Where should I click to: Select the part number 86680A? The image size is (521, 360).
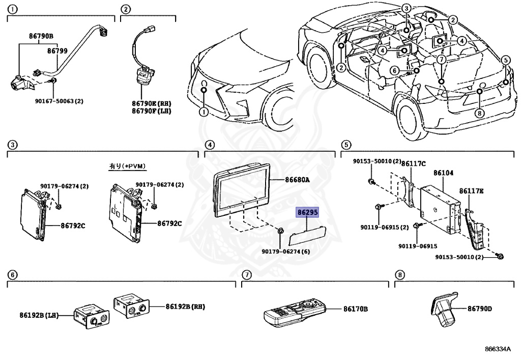pyautogui.click(x=298, y=180)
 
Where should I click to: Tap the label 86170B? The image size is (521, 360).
pyautogui.click(x=356, y=309)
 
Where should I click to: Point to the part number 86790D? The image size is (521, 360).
pyautogui.click(x=480, y=309)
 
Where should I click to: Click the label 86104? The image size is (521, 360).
pyautogui.click(x=443, y=173)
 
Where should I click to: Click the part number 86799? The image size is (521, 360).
pyautogui.click(x=57, y=50)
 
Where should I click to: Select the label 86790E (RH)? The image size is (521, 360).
pyautogui.click(x=150, y=103)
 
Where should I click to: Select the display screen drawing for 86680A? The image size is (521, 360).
pyautogui.click(x=241, y=190)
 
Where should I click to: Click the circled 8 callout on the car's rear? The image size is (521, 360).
pyautogui.click(x=478, y=114)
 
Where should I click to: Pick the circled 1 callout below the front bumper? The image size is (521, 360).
pyautogui.click(x=204, y=112)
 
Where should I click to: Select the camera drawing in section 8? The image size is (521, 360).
pyautogui.click(x=444, y=308)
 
